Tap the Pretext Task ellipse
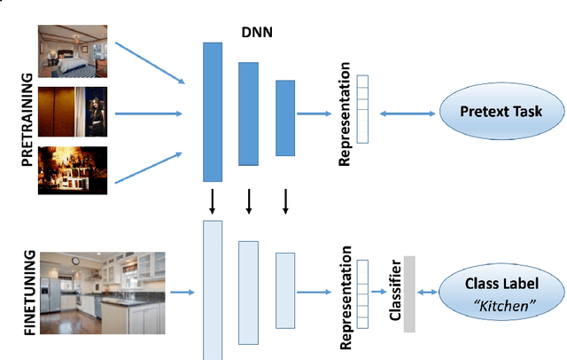pyautogui.click(x=501, y=113)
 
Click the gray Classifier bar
pyautogui.click(x=408, y=293)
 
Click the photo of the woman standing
pyautogui.click(x=72, y=110)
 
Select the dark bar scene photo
pyautogui.click(x=72, y=170)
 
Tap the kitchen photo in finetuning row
pyautogui.click(x=102, y=291)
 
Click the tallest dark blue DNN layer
pyautogui.click(x=214, y=112)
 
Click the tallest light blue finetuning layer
pyautogui.click(x=214, y=290)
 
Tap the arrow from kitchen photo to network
pyautogui.click(x=182, y=291)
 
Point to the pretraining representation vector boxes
pyautogui.click(x=361, y=92)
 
